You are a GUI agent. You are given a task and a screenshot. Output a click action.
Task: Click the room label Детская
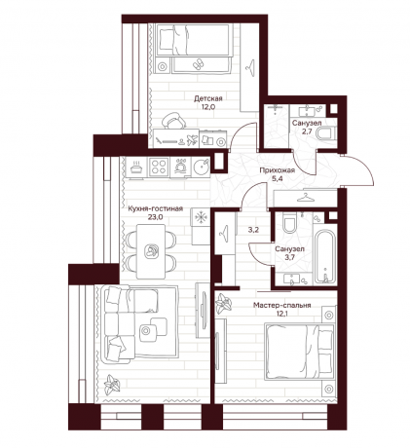(208, 98)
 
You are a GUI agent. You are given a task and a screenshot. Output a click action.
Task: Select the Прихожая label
(278, 170)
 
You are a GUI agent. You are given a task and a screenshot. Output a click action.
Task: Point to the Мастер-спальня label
(282, 305)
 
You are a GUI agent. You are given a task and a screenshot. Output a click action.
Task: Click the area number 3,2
(253, 230)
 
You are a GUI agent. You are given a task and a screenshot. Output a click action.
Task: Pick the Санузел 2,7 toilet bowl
(326, 133)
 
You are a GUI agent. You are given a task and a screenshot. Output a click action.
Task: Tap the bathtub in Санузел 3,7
(324, 256)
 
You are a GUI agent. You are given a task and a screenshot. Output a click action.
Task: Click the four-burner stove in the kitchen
(159, 168)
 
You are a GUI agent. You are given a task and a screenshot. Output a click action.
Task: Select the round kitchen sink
(202, 168)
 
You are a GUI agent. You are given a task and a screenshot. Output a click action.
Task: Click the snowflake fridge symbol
(201, 217)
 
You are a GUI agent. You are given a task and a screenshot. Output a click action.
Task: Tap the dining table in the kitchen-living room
(151, 251)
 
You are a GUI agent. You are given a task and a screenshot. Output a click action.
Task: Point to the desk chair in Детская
(173, 121)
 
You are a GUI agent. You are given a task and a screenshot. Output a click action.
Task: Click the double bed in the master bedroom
(299, 351)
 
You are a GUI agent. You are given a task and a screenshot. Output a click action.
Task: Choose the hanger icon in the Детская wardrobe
(250, 67)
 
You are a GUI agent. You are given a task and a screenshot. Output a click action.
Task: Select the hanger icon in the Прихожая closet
(306, 197)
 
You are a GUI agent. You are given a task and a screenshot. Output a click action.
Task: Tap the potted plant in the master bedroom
(224, 304)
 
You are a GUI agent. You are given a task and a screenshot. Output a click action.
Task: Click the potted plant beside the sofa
(112, 385)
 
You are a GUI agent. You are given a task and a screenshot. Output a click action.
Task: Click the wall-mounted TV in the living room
(204, 310)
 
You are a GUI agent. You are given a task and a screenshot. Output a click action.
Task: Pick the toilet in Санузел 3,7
(289, 223)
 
